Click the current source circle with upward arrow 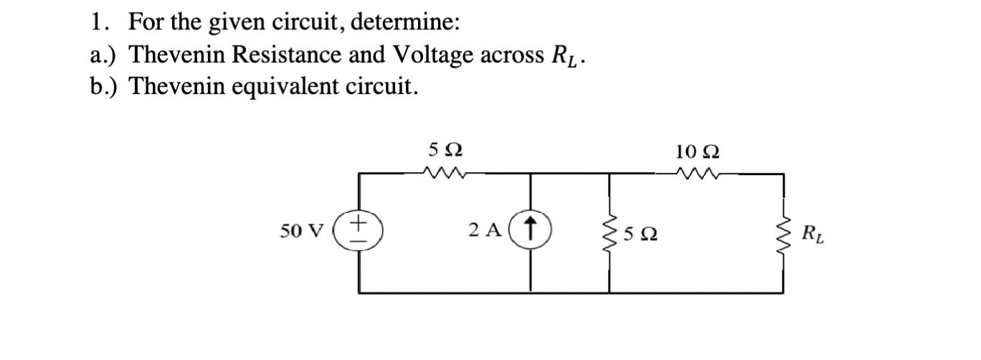coord(530,231)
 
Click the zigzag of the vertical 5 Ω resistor coord(610,232)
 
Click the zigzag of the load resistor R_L coord(782,232)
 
